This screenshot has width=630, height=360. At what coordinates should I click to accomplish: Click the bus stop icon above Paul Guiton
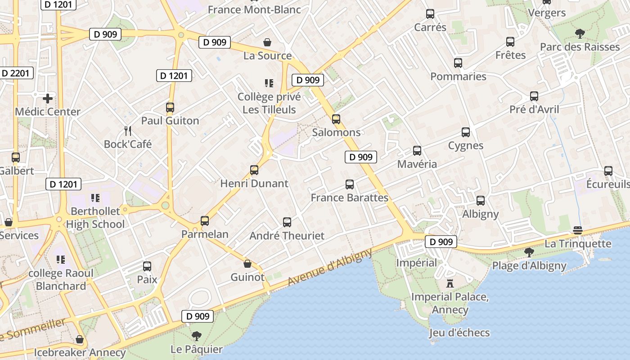coord(170,108)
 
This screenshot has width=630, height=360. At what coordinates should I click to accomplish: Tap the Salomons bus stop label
coord(337,132)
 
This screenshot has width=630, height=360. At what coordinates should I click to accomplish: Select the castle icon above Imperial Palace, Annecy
coord(450,283)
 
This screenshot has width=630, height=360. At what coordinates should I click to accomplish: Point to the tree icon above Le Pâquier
coord(196,336)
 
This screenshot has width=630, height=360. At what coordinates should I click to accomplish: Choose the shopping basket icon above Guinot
coord(247,264)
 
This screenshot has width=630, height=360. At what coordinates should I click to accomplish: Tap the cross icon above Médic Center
coord(48,98)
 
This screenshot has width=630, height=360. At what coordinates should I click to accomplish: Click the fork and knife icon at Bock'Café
coord(128,131)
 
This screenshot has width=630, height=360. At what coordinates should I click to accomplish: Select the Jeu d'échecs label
coord(459,333)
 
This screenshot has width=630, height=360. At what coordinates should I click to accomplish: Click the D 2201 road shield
coord(17,73)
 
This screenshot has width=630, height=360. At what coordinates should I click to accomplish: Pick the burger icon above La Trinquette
coord(578,230)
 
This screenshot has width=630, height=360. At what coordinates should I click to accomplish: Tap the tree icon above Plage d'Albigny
coord(529,252)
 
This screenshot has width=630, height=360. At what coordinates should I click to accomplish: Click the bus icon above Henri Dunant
coord(254,170)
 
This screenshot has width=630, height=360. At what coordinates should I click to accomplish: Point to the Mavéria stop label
coord(417,164)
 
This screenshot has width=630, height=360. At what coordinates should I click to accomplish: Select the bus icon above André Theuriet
coord(287,222)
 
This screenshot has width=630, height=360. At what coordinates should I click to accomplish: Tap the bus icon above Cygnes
coord(466,132)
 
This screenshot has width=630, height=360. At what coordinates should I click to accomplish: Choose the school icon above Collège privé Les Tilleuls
coord(269,83)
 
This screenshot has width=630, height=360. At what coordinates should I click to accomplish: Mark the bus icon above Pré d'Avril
coord(534,96)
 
